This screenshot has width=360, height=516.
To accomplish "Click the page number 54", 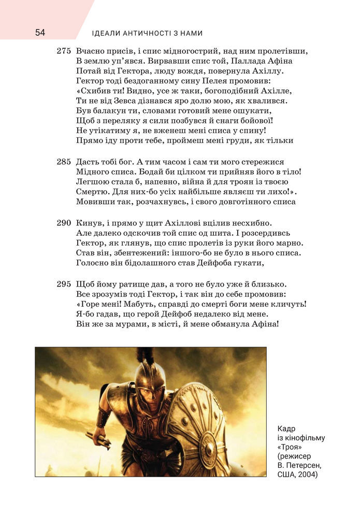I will click(40, 33).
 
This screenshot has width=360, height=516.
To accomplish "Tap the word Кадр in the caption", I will click(286, 428).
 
